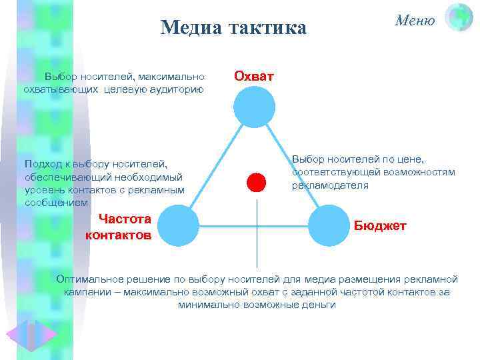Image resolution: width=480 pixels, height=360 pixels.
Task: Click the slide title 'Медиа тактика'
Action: click(x=233, y=28)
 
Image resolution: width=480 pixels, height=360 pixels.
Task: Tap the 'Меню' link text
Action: click(x=415, y=20)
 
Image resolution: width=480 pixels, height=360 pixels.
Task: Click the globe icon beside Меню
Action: click(x=459, y=18)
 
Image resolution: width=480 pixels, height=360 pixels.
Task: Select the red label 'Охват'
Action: click(x=253, y=76)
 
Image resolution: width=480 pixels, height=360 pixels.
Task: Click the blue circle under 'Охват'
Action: click(x=254, y=107)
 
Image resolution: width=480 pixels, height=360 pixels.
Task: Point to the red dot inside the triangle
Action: click(x=256, y=182)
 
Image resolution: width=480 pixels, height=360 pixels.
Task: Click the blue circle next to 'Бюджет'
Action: click(x=328, y=225)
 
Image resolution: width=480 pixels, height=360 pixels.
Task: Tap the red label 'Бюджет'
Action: click(x=379, y=225)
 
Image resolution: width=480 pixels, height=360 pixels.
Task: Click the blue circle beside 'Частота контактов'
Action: click(x=179, y=225)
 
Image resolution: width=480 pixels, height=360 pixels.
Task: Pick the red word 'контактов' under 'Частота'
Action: click(x=119, y=235)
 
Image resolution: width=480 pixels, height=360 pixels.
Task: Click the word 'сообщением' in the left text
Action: click(x=56, y=202)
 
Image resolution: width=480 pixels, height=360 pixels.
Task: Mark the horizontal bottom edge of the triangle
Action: click(x=253, y=226)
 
